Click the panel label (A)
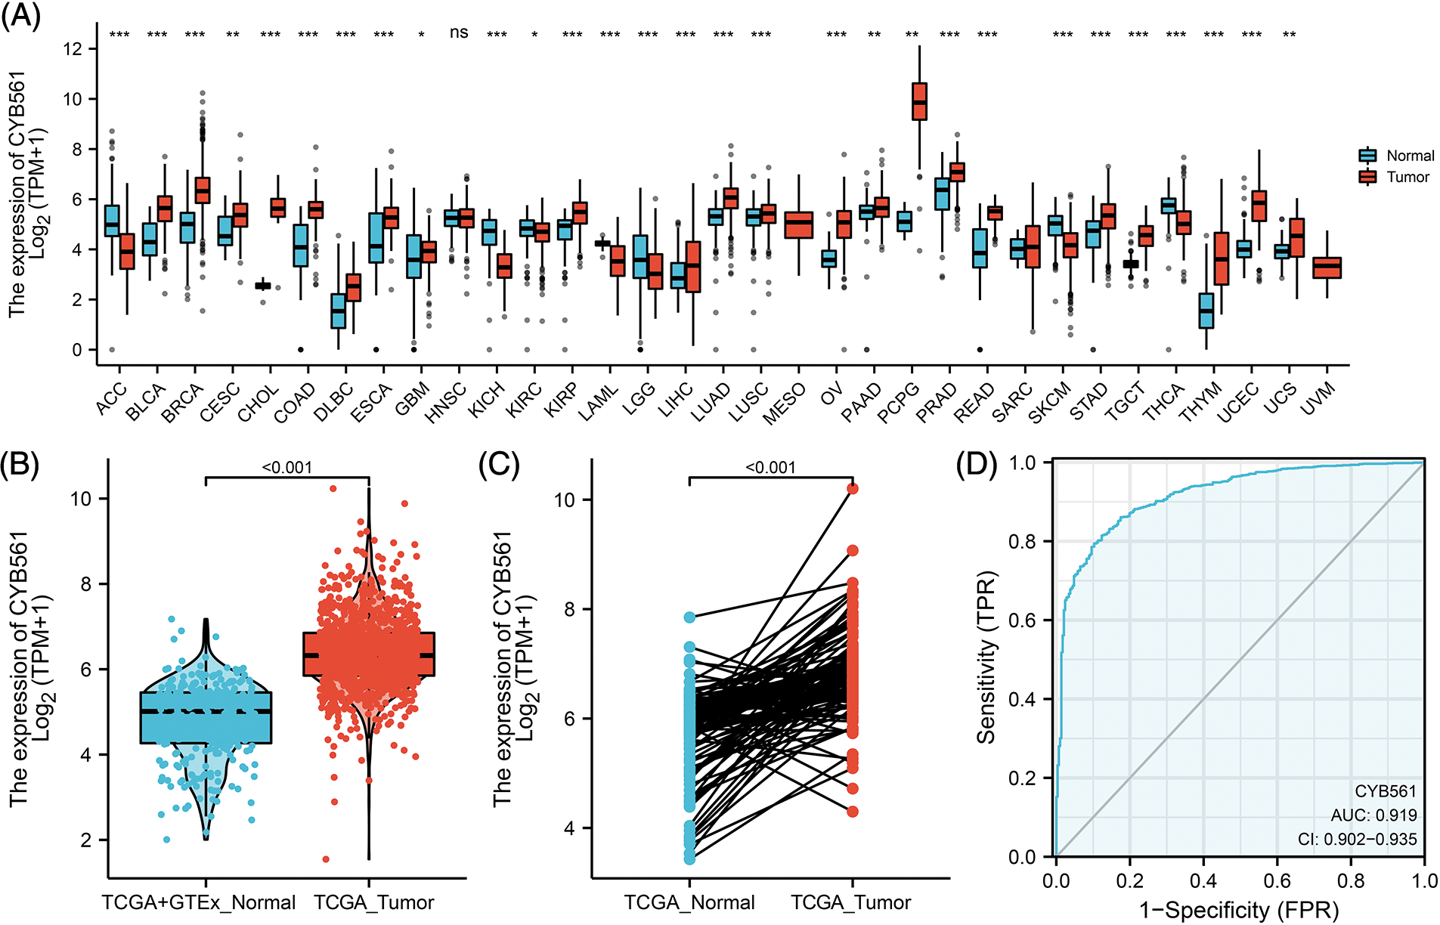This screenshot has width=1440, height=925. (x=20, y=15)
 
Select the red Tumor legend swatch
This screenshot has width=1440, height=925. (x=1367, y=177)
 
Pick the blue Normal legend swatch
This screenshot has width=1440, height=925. (x=1367, y=156)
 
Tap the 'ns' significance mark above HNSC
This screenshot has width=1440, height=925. (x=459, y=32)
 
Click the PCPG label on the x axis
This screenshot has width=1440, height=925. (x=900, y=402)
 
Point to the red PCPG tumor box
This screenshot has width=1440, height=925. (x=919, y=101)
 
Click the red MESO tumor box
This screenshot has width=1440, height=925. (x=799, y=225)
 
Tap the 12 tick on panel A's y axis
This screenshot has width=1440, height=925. (x=73, y=49)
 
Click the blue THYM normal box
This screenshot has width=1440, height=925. (x=1206, y=311)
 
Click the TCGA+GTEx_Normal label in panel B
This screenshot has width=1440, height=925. (x=199, y=902)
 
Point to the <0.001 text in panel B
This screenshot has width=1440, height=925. (x=287, y=468)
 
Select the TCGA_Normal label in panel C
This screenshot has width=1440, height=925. (x=689, y=902)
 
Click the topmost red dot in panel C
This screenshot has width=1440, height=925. (x=853, y=488)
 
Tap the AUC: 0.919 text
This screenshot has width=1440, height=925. (x=1373, y=815)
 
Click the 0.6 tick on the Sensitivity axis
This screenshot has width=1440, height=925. (x=1023, y=620)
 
